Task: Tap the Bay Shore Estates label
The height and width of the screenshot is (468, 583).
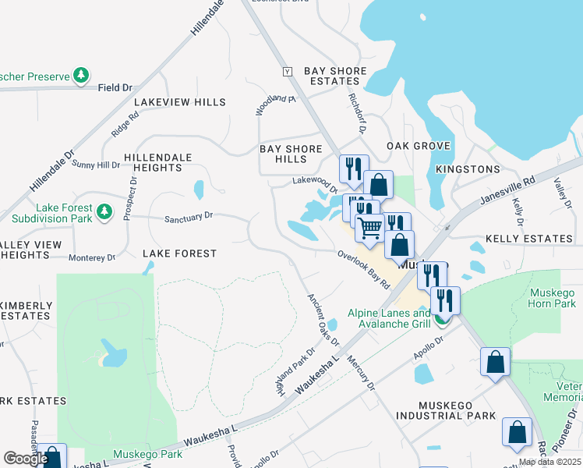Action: click(x=335, y=76)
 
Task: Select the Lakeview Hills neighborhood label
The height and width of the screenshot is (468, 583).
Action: click(x=179, y=102)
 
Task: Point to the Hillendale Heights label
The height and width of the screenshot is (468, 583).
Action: click(x=152, y=162)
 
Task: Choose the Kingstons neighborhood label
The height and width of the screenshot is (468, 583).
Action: click(x=468, y=169)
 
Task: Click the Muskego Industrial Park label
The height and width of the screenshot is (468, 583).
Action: click(x=457, y=410)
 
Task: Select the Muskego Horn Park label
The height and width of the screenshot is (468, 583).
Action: click(x=552, y=298)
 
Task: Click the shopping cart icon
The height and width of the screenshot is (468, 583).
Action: click(x=370, y=227)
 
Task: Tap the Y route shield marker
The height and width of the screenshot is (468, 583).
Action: click(x=287, y=72)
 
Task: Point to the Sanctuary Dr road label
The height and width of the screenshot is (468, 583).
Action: click(x=188, y=217)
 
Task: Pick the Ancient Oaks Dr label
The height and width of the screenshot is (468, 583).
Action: click(x=323, y=319)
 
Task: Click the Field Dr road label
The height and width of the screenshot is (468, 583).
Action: click(x=115, y=88)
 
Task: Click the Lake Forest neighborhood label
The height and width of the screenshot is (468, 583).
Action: click(x=179, y=253)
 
